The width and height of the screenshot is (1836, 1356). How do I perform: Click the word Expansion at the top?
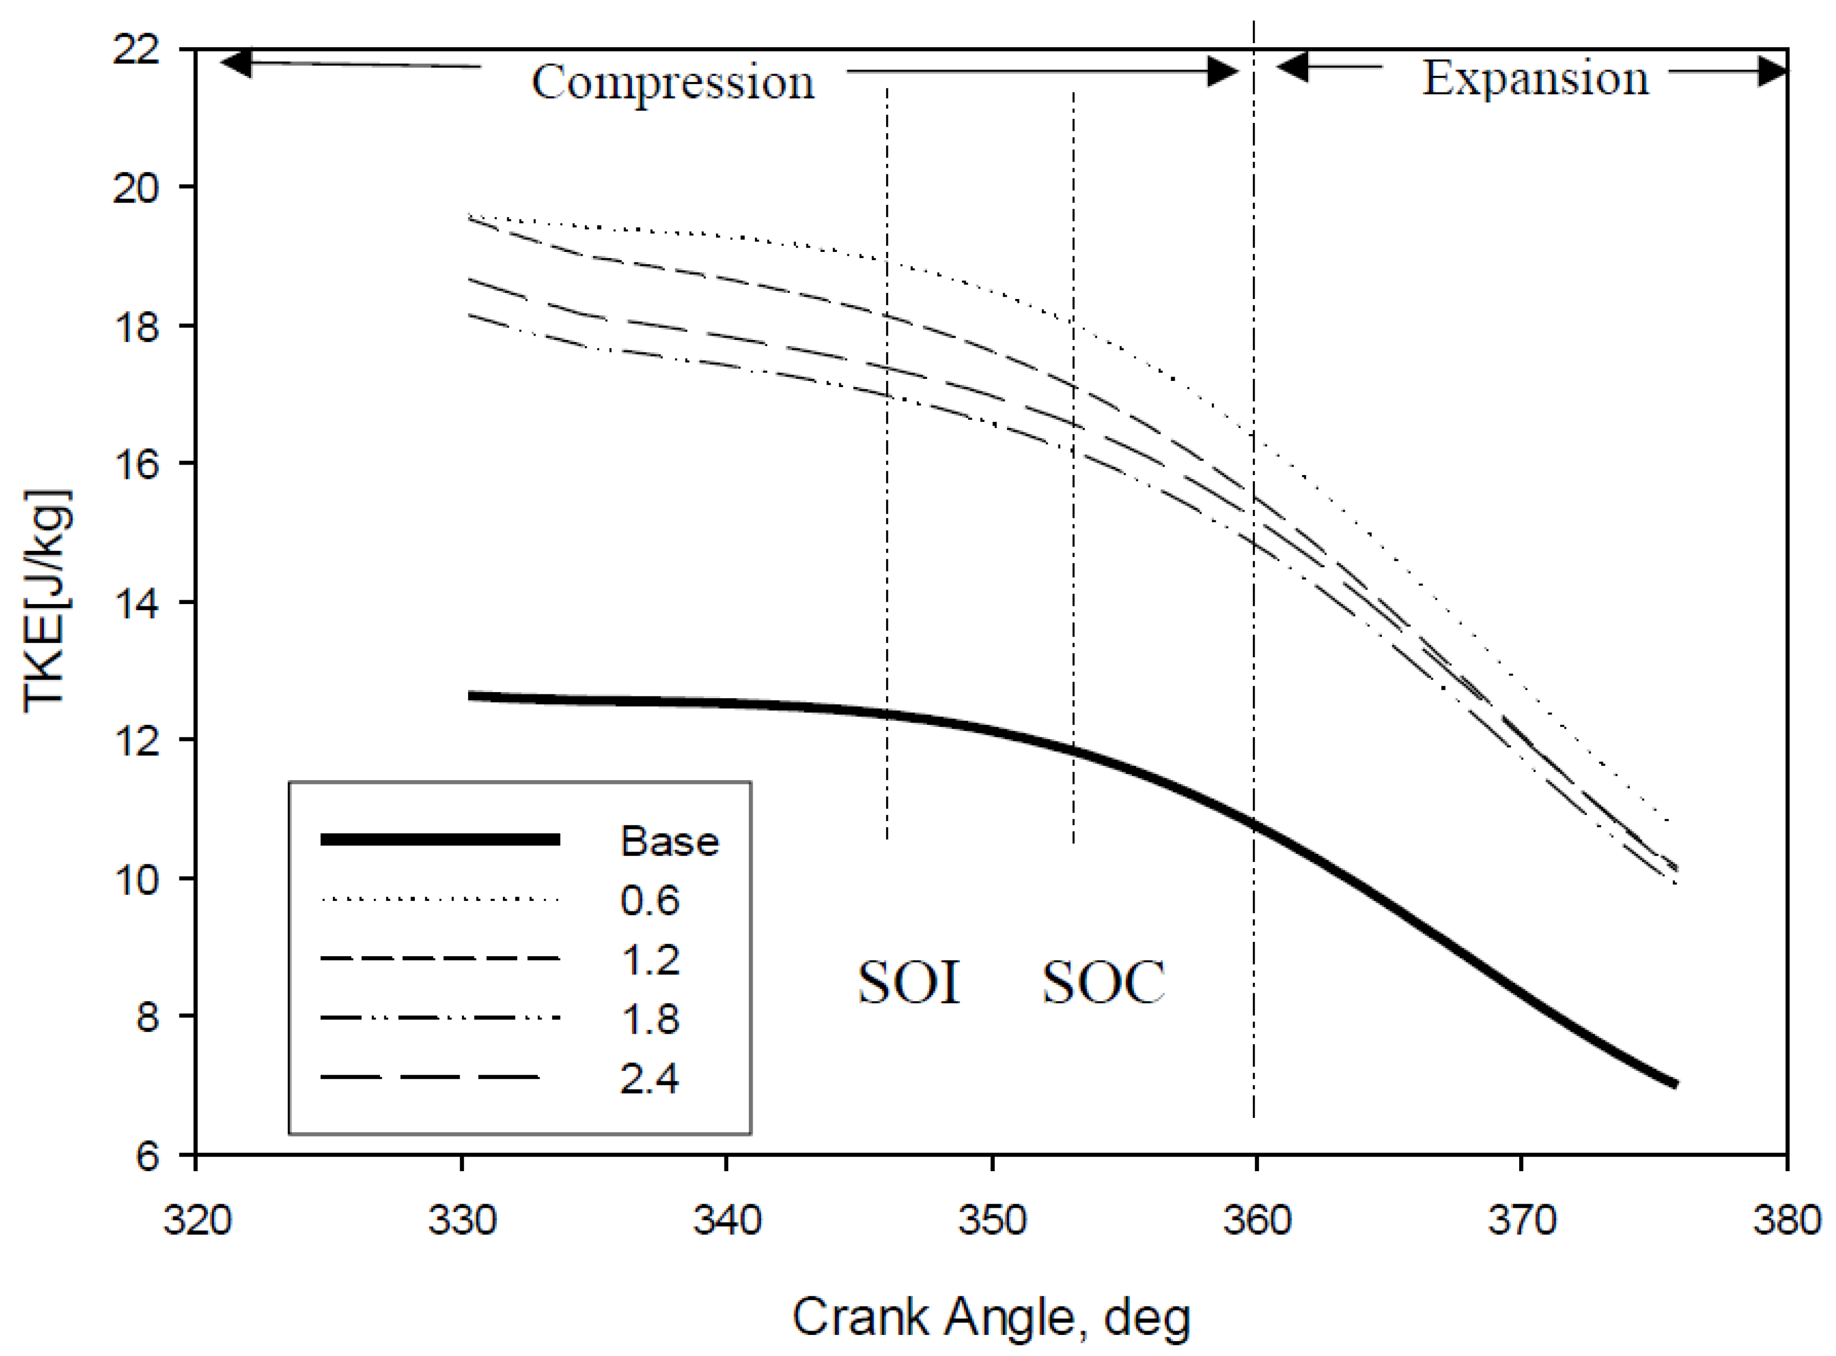1535,79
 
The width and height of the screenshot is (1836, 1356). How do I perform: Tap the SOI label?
909,982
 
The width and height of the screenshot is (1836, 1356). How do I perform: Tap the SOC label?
1104,982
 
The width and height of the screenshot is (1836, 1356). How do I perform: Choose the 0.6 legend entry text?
650,900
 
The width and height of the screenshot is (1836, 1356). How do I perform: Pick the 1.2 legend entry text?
650,960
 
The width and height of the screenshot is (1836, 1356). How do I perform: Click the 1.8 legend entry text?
650,1019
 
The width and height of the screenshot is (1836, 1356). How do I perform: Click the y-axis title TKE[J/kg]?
47,602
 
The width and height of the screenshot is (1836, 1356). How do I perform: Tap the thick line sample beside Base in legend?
440,839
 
